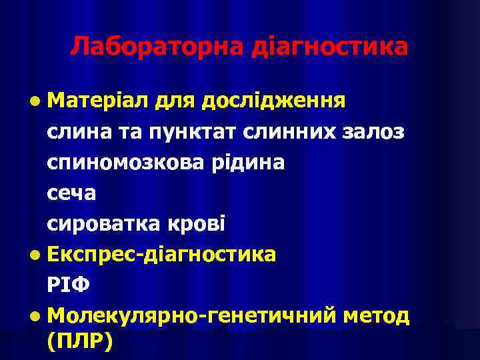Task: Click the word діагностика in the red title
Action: point(329,47)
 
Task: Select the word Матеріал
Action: point(97,101)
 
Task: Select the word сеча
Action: point(72,193)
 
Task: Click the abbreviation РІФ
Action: point(68,285)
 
